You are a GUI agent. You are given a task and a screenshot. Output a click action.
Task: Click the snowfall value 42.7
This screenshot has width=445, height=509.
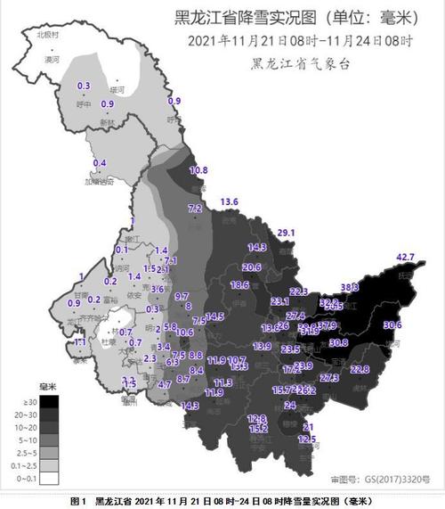[406, 258]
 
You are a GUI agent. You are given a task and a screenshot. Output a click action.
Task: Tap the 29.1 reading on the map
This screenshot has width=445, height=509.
[286, 233]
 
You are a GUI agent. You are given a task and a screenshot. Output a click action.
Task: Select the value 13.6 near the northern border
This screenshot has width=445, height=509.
[231, 201]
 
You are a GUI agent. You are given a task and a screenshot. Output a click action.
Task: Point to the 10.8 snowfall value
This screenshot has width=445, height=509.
[198, 169]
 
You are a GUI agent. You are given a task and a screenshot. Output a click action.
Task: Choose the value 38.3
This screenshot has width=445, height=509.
[350, 287]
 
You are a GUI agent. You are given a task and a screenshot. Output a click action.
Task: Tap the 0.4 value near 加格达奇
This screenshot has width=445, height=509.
[100, 163]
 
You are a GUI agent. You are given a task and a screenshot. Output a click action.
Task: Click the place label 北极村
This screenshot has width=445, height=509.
[47, 34]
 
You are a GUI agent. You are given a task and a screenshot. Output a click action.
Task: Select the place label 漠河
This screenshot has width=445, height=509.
[52, 58]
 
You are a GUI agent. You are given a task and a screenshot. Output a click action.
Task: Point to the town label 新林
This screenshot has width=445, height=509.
[107, 121]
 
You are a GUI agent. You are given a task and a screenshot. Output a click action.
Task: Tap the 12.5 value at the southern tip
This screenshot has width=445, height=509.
[307, 439]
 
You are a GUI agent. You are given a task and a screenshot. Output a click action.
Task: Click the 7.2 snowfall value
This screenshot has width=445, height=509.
[195, 208]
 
